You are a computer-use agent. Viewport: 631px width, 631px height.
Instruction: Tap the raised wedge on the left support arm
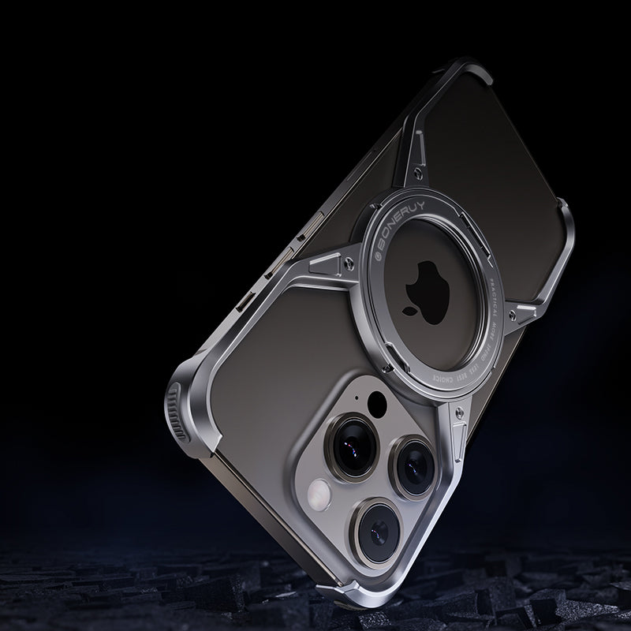pos(323,258)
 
